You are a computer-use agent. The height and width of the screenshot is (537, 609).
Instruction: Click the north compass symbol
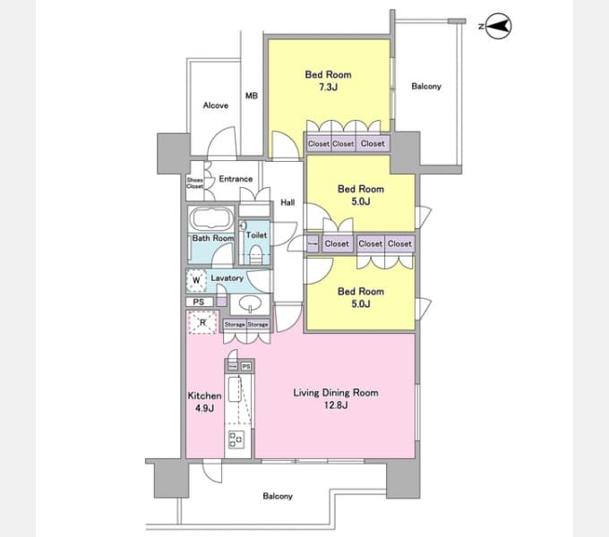tap(499, 27)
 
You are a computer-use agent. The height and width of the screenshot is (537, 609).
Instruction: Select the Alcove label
tap(215, 106)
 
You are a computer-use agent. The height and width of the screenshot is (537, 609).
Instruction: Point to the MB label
tap(252, 96)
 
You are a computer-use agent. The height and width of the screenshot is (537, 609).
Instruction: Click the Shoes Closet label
tap(195, 183)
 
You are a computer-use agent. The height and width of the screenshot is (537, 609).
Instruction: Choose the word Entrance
tap(236, 179)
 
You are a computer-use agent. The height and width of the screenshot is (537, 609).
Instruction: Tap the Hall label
tap(287, 203)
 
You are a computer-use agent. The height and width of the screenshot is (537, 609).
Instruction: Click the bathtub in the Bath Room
tap(211, 219)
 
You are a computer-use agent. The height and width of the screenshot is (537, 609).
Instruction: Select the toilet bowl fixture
tap(256, 253)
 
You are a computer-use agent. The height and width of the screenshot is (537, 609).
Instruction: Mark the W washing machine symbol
tap(196, 280)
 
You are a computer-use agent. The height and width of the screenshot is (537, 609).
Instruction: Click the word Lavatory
tap(227, 278)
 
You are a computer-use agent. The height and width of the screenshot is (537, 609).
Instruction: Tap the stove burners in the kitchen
tap(238, 439)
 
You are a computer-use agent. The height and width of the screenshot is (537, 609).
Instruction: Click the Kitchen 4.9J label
tap(204, 402)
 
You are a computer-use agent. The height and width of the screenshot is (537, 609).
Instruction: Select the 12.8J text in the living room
tap(337, 405)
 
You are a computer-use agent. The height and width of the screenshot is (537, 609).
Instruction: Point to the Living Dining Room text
tap(336, 392)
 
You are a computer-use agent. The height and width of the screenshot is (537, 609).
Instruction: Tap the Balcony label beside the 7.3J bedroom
tap(426, 87)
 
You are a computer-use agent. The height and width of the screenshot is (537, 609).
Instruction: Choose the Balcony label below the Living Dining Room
tap(278, 496)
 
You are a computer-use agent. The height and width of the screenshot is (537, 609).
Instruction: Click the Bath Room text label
tap(212, 239)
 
